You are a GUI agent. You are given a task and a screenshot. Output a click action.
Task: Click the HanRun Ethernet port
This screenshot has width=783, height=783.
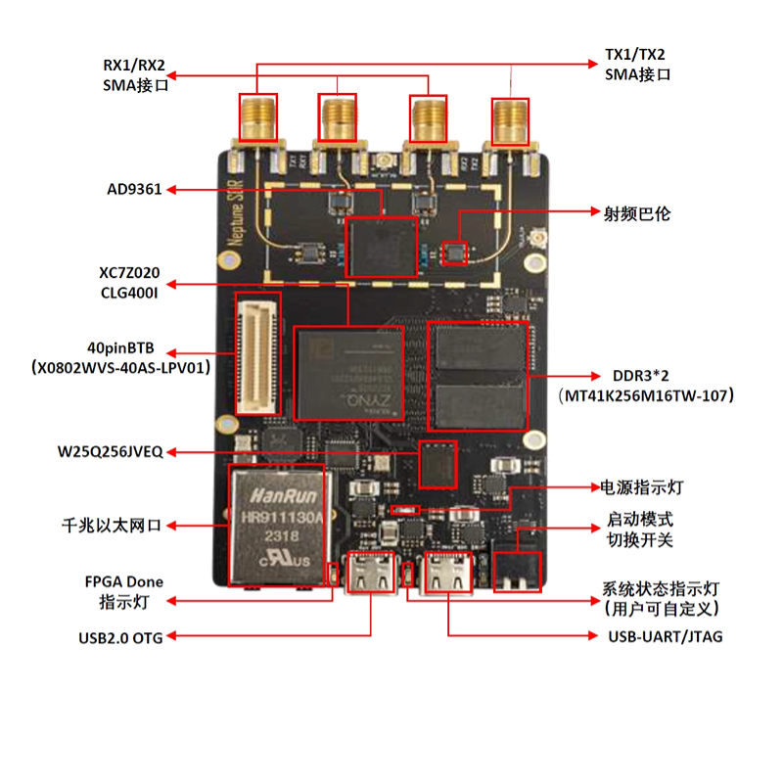[276, 525]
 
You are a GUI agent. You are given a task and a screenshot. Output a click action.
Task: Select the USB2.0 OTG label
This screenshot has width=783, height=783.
[120, 637]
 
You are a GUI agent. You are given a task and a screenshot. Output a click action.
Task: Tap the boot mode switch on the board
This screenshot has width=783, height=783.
[516, 569]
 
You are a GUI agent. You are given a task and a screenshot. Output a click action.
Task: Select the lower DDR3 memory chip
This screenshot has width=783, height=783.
[481, 404]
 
